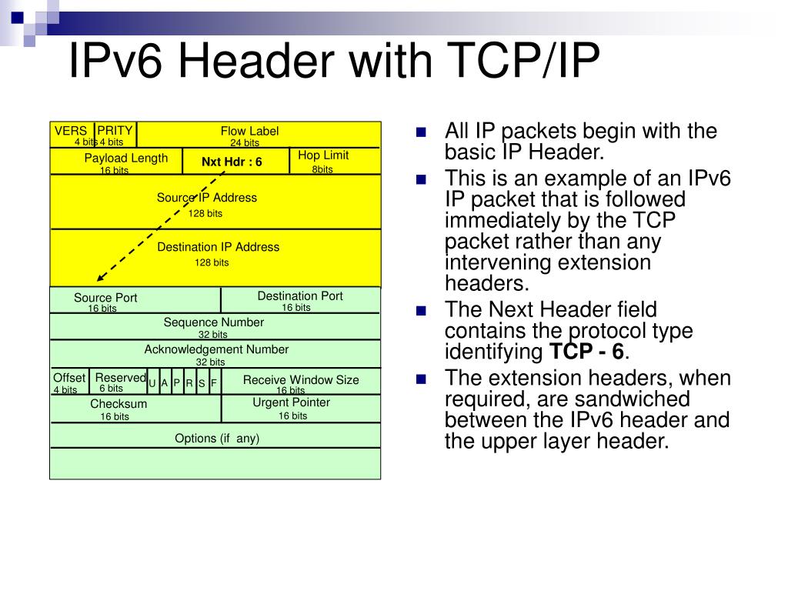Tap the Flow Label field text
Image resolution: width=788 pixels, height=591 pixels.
tap(249, 131)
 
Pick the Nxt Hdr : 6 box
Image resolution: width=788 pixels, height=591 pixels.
tap(232, 162)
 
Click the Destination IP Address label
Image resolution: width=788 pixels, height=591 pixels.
tap(218, 247)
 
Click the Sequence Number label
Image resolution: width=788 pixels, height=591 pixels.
tap(213, 322)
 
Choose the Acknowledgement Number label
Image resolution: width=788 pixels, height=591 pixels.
tap(216, 349)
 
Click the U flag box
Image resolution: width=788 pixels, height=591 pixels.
tap(152, 382)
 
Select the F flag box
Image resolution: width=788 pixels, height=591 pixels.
tap(214, 382)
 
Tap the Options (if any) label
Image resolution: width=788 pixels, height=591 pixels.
tap(217, 438)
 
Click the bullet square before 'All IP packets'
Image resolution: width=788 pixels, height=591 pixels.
tap(421, 132)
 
